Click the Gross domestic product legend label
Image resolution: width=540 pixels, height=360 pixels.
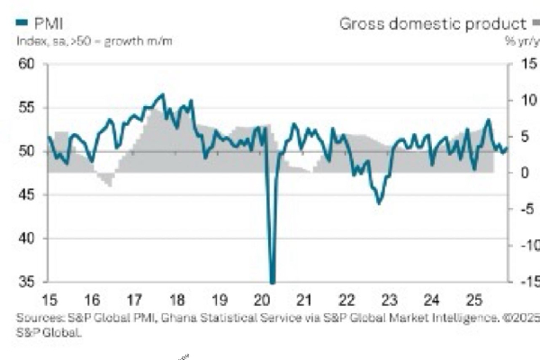pos(431,23)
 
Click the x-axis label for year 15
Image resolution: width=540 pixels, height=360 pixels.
pos(51,299)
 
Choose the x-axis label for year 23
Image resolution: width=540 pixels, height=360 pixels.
pos(390,299)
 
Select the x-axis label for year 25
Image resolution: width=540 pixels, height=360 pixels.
pos(476,299)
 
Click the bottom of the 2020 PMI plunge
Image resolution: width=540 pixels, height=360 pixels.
pos(273,282)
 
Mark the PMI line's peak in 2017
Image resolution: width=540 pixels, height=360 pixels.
pos(162,94)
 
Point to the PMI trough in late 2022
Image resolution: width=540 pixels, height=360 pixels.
pos(378,202)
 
